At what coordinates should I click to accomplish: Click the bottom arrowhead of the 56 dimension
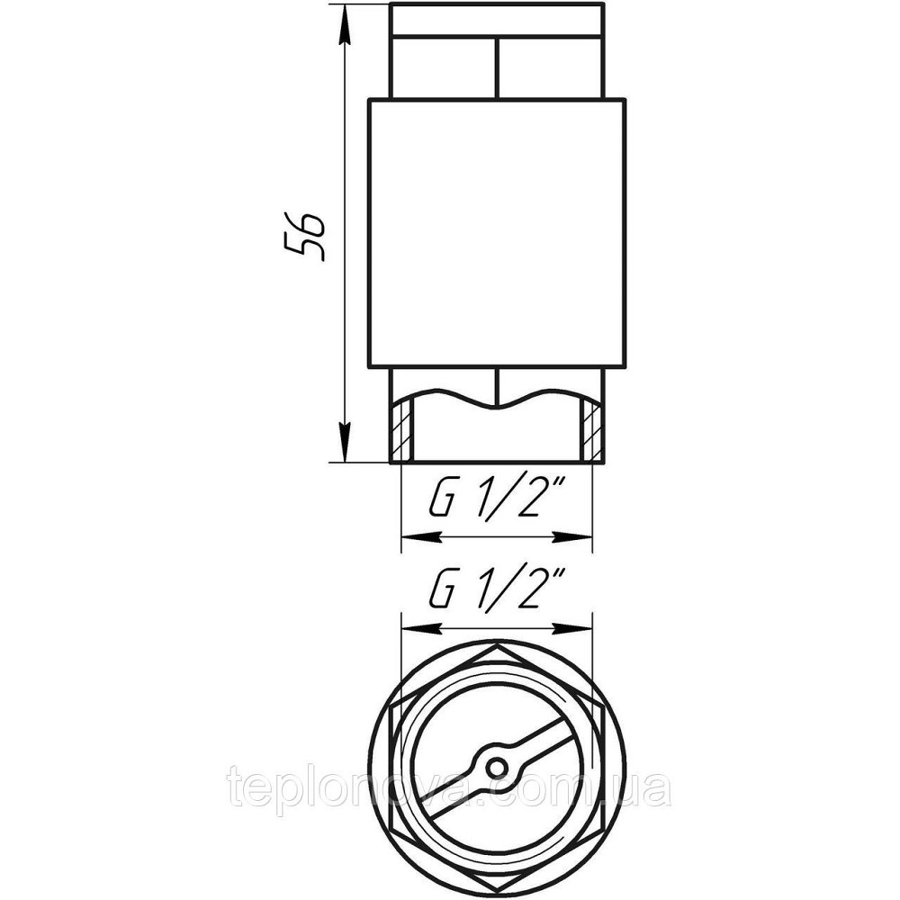tap(344, 442)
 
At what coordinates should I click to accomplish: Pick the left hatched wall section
tap(401, 430)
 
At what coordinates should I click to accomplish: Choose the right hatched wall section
tap(591, 430)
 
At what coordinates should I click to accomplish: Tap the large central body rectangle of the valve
tap(497, 233)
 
